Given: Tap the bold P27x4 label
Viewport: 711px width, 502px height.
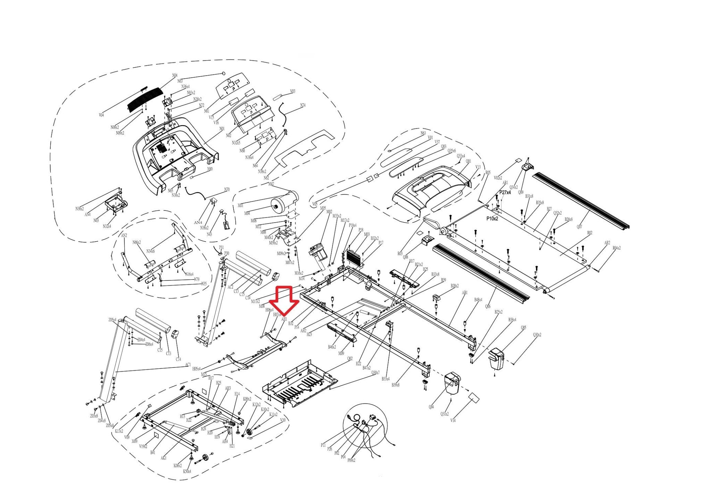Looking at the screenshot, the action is (505, 192).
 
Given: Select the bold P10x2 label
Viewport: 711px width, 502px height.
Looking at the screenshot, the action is (492, 219).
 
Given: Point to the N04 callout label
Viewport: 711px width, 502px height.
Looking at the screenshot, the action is (175, 76).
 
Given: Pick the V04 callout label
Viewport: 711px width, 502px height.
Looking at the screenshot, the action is (101, 115).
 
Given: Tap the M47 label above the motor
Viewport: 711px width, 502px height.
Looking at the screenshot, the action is (271, 184).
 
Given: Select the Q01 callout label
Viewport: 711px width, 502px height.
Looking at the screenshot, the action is (468, 162).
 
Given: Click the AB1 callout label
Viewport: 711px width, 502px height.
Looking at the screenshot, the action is (465, 293).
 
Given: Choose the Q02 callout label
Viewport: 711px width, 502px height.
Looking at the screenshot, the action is (350, 359).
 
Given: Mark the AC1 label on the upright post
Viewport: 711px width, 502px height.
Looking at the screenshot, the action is (188, 365).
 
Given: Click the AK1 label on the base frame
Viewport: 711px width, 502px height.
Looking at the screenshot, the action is (164, 458).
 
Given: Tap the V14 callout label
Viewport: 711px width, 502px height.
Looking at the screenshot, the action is (453, 420).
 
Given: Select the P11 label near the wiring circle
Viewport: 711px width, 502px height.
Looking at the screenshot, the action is (323, 445).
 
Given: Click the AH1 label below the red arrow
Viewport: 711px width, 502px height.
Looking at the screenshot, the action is (284, 319).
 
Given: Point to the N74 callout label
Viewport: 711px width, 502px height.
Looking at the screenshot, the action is (303, 105).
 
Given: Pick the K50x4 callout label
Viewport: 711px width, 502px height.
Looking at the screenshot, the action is (187, 471).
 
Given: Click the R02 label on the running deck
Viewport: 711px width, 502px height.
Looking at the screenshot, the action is (589, 233).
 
